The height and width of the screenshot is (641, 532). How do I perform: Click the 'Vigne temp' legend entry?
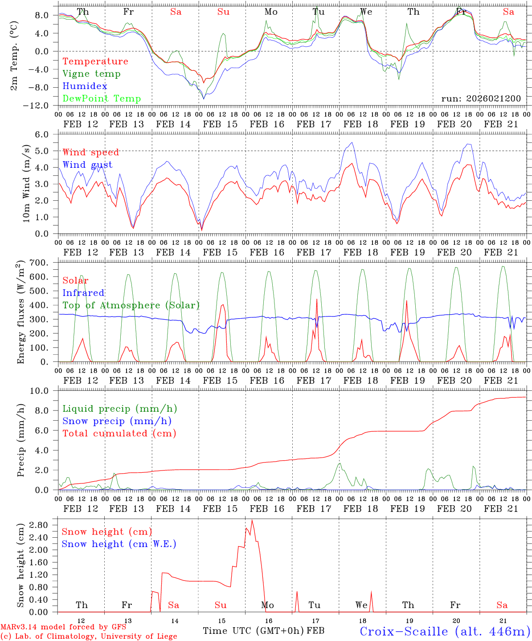click(x=91, y=74)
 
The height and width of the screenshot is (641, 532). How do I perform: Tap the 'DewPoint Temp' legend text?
click(x=102, y=99)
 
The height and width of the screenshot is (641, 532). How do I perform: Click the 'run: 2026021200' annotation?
click(x=481, y=99)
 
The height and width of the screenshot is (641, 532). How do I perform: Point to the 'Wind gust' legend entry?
click(x=87, y=165)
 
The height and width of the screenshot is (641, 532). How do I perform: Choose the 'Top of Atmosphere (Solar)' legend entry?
click(x=131, y=305)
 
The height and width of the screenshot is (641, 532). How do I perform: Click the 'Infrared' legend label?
click(x=83, y=293)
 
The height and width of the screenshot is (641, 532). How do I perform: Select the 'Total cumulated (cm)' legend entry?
click(x=119, y=433)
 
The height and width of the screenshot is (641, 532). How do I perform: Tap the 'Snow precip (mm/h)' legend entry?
click(x=117, y=421)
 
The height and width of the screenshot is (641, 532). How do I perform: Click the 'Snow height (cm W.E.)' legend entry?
click(x=119, y=544)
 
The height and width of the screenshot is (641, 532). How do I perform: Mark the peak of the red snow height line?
click(x=252, y=520)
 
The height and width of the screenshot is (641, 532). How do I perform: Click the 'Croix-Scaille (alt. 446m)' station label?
click(x=445, y=631)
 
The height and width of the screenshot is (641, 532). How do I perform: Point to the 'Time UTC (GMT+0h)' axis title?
click(x=254, y=631)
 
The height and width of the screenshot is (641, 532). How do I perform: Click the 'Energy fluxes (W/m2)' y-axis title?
click(x=20, y=313)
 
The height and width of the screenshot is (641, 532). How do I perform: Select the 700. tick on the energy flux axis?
click(x=45, y=263)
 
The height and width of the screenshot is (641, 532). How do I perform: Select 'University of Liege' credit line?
click(x=89, y=637)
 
